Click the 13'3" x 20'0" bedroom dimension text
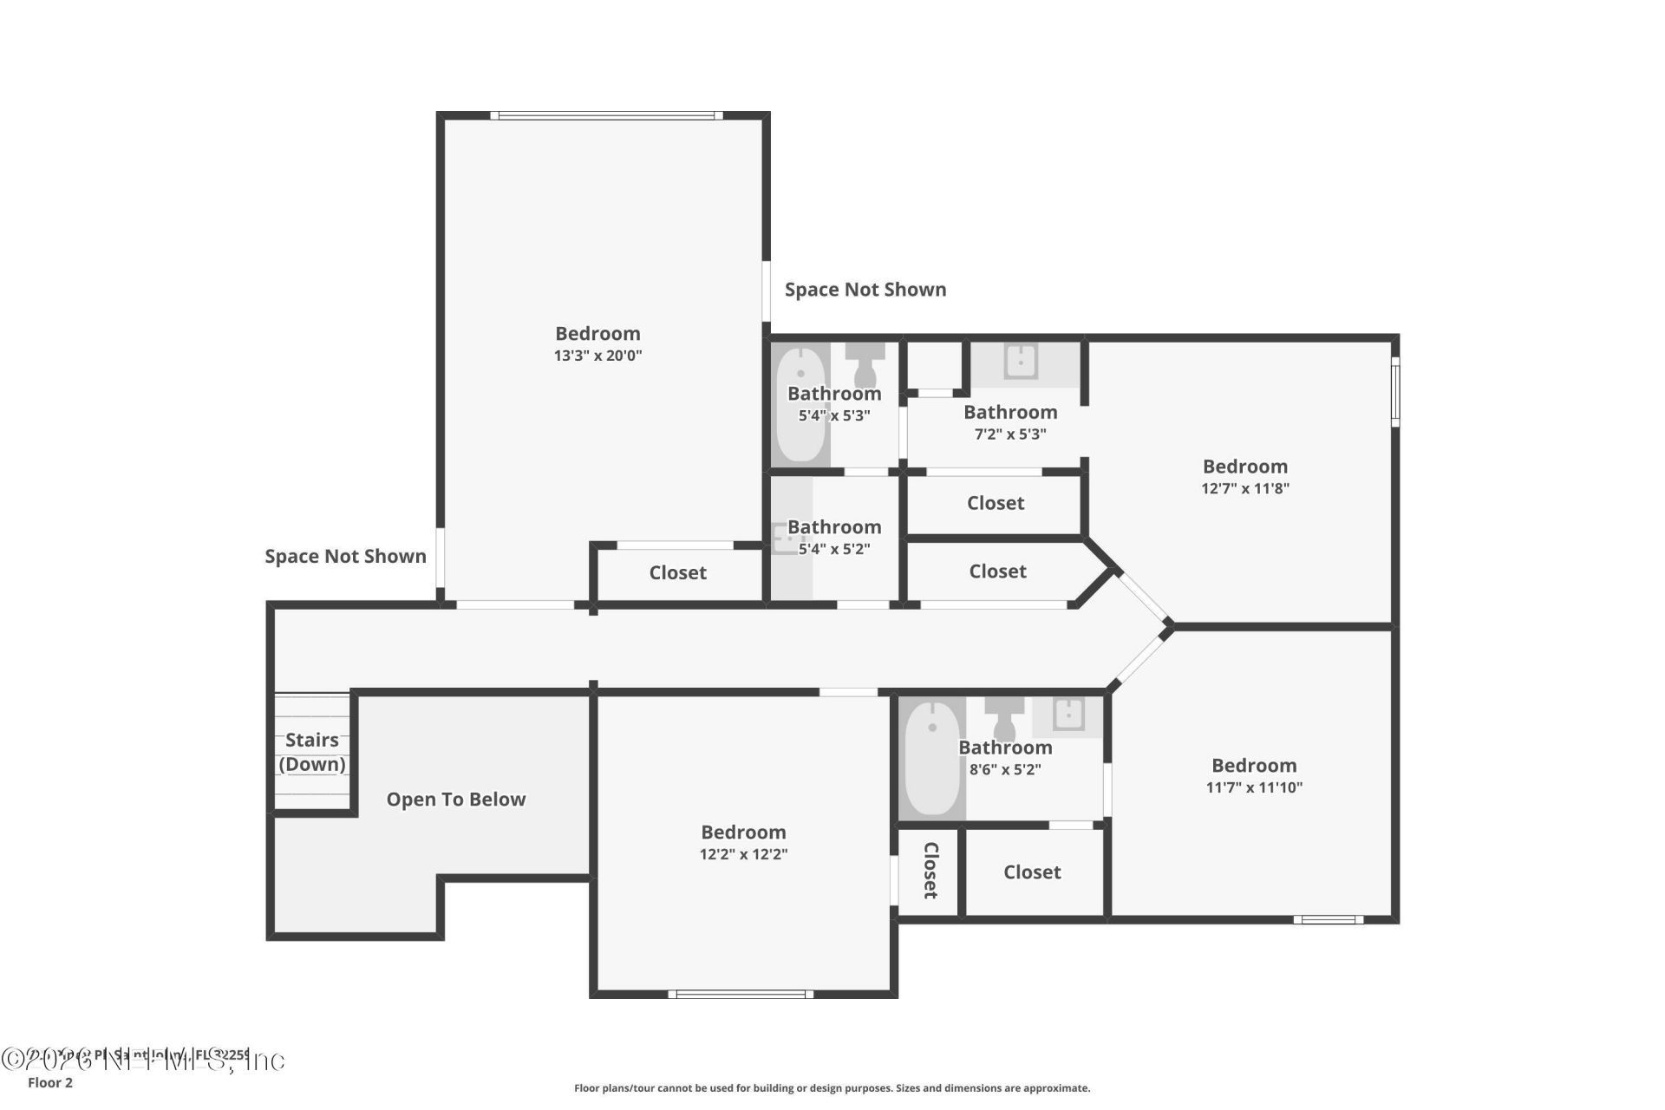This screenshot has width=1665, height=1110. pyautogui.click(x=597, y=356)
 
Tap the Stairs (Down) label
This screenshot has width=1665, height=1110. pyautogui.click(x=312, y=752)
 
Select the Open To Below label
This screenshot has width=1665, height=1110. pyautogui.click(x=456, y=800)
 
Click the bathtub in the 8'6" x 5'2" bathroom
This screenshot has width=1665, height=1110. pyautogui.click(x=932, y=759)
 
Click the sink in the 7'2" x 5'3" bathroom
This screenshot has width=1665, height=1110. pyautogui.click(x=1021, y=361)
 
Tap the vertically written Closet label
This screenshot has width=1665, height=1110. pyautogui.click(x=930, y=870)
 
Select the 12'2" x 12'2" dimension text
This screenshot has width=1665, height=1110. pyautogui.click(x=743, y=854)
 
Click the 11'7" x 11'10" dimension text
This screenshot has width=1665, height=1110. pyautogui.click(x=1254, y=787)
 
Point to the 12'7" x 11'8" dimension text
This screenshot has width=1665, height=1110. pyautogui.click(x=1245, y=488)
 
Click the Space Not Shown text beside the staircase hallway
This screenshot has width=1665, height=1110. pyautogui.click(x=345, y=557)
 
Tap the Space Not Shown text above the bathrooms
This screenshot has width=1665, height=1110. pyautogui.click(x=865, y=290)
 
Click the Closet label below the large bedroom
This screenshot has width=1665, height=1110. pyautogui.click(x=677, y=572)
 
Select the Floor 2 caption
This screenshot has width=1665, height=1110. pyautogui.click(x=50, y=1082)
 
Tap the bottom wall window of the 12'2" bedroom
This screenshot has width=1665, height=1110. pyautogui.click(x=741, y=994)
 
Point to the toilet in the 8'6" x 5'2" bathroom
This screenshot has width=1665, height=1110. pyautogui.click(x=1004, y=720)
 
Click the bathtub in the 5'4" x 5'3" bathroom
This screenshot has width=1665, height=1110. pyautogui.click(x=800, y=404)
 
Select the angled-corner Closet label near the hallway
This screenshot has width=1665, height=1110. pyautogui.click(x=997, y=571)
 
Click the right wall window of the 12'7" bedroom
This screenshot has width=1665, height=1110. pyautogui.click(x=1395, y=392)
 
